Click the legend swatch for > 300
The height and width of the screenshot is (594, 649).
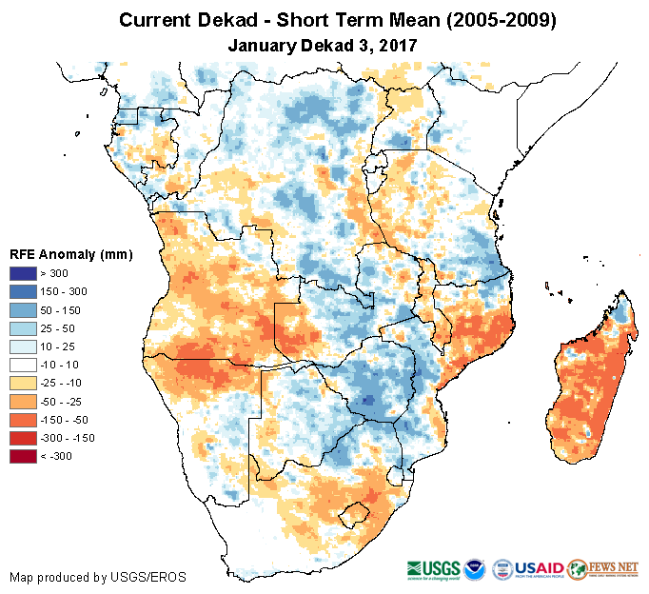24,274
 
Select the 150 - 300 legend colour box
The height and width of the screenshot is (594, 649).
24,289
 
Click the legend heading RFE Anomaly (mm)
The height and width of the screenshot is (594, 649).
70,254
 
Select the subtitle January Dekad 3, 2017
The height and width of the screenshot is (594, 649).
324,44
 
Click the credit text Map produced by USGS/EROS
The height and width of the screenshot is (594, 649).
98,577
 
